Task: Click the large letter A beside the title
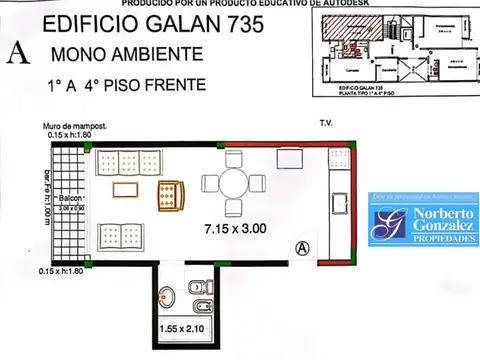coord(16,52)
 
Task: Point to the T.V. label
coord(325,125)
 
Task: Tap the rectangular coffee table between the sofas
coord(124,191)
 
